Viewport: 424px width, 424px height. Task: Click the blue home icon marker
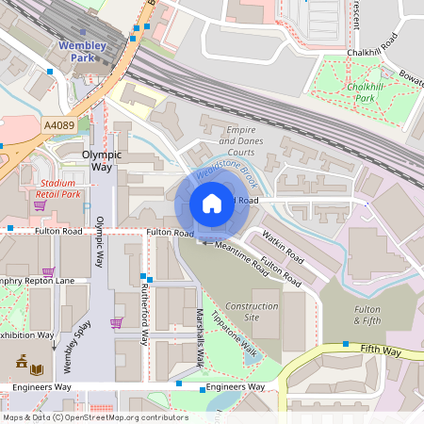click(212, 204)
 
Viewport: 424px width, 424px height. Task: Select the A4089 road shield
click(57, 123)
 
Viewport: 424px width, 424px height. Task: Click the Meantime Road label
click(241, 254)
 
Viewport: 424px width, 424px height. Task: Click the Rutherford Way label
click(145, 311)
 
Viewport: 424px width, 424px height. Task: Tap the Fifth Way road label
click(381, 351)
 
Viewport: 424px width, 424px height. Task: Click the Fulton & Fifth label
click(367, 315)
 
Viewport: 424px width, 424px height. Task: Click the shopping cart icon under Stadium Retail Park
click(40, 204)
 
